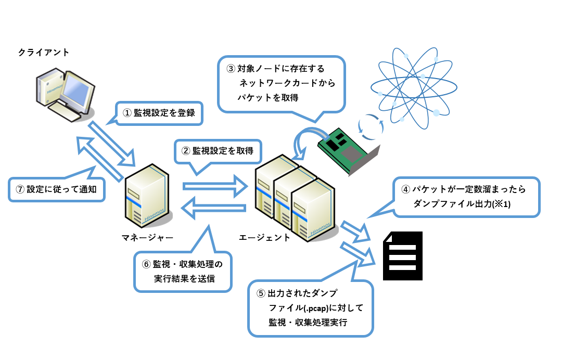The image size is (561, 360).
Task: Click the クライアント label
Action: [x=43, y=53]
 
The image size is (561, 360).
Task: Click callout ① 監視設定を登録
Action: [x=158, y=112]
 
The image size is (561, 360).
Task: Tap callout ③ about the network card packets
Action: [x=282, y=83]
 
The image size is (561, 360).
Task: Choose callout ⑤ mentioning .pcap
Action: [x=311, y=308]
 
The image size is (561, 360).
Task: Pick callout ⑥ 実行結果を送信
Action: [x=184, y=271]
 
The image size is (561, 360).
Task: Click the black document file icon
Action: [x=403, y=255]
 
